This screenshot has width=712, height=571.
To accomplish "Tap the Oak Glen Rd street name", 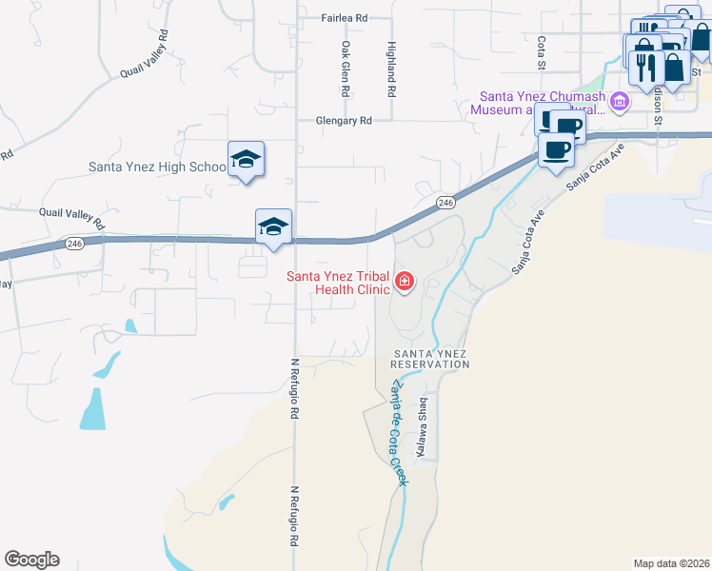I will pos(346,69).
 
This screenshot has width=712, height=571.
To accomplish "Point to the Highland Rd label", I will pos(390,69).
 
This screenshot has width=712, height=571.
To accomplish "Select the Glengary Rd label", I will pos(344,121).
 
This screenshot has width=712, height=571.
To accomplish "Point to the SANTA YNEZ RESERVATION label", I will pos(431,359).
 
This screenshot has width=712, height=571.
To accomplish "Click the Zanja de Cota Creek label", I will pos(396,433).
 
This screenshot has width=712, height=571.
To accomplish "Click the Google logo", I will pos(31,560).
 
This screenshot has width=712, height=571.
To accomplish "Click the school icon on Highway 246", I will pos(273,226).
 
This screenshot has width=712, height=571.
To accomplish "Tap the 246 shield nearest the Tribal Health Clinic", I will pos(445,202).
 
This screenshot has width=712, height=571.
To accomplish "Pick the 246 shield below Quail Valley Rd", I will pos(75,245).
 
